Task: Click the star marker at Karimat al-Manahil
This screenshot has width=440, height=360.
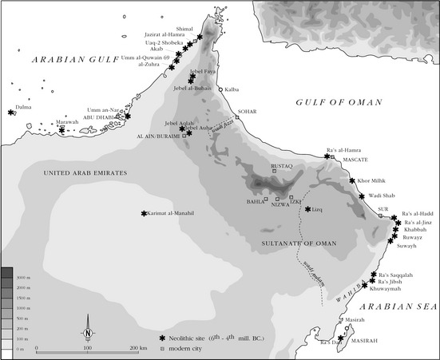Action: [144, 213]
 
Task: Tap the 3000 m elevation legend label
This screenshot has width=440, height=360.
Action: [22, 275]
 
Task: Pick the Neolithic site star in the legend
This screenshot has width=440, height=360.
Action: [161, 338]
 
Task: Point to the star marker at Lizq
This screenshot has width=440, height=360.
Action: [307, 209]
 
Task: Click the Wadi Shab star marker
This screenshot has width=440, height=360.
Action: [362, 196]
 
